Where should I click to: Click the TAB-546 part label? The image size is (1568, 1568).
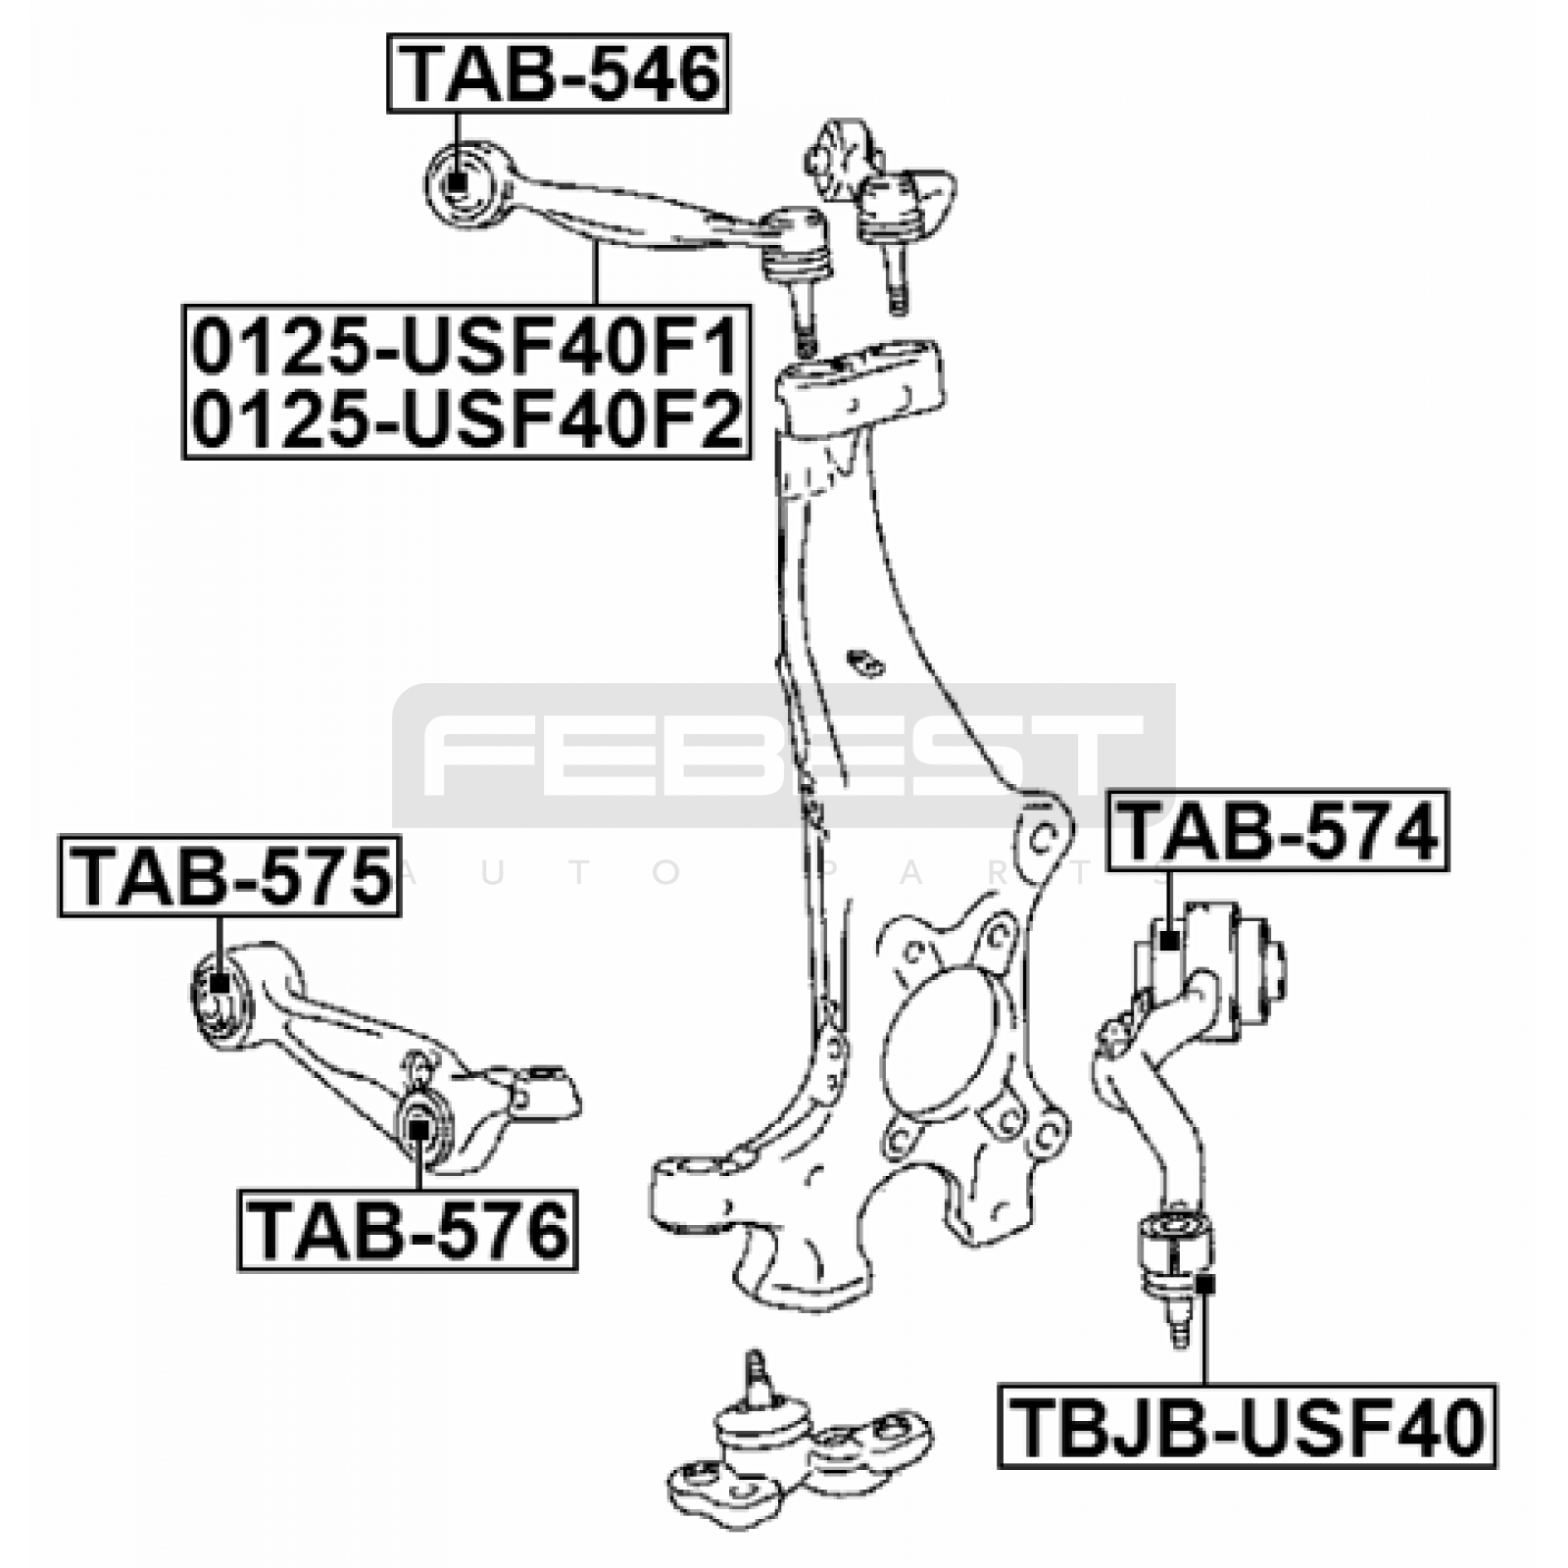[x=558, y=73]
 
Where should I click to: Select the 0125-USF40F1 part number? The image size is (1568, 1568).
[x=465, y=348]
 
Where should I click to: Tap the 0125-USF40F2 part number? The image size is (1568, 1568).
[x=465, y=419]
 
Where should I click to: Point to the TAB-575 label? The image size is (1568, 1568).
[x=230, y=876]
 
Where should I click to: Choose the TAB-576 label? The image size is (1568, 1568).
[x=408, y=1231]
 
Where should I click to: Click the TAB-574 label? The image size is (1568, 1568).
[x=1277, y=830]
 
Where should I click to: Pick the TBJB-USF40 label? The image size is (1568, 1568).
[x=1248, y=1426]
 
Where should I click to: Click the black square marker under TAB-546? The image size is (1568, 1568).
[x=457, y=181]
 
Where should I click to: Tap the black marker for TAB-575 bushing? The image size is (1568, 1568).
[x=220, y=982]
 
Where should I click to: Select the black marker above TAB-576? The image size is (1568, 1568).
[x=418, y=1128]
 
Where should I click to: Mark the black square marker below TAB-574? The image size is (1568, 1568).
[x=1168, y=940]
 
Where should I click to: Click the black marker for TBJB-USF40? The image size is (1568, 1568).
[x=1205, y=1283]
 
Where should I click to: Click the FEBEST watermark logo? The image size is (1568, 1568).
[x=783, y=755]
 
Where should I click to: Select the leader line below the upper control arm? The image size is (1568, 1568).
[x=594, y=273]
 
